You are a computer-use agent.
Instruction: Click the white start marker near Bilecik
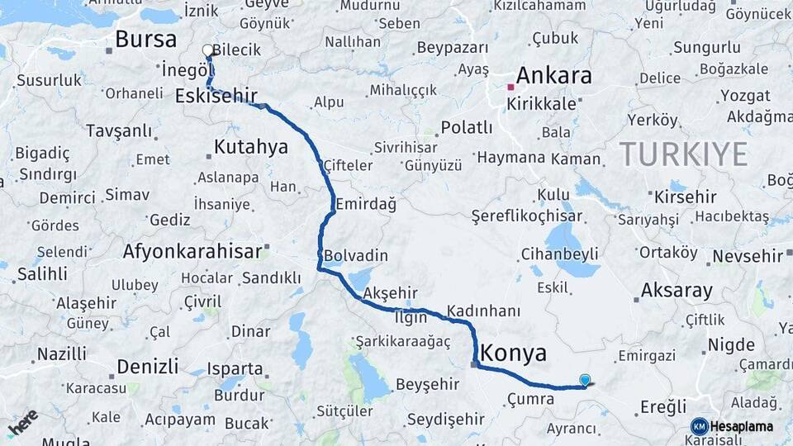point(207,50)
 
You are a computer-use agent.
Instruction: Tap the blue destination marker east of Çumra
point(585,380)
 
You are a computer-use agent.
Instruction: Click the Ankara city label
point(555,75)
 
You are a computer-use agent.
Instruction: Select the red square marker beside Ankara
point(511,86)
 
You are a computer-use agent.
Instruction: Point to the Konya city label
point(513,353)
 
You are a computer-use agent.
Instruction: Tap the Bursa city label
point(146,39)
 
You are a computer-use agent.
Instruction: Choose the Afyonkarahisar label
point(192,250)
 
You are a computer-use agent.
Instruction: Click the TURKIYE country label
point(684,154)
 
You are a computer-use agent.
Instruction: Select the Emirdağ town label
point(367,203)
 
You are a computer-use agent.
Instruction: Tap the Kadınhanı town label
point(484,311)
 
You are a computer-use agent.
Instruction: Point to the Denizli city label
point(148,366)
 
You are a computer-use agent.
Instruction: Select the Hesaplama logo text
point(742,426)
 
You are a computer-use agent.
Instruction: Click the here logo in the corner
point(23,422)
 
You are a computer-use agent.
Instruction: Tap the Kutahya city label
point(251,148)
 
